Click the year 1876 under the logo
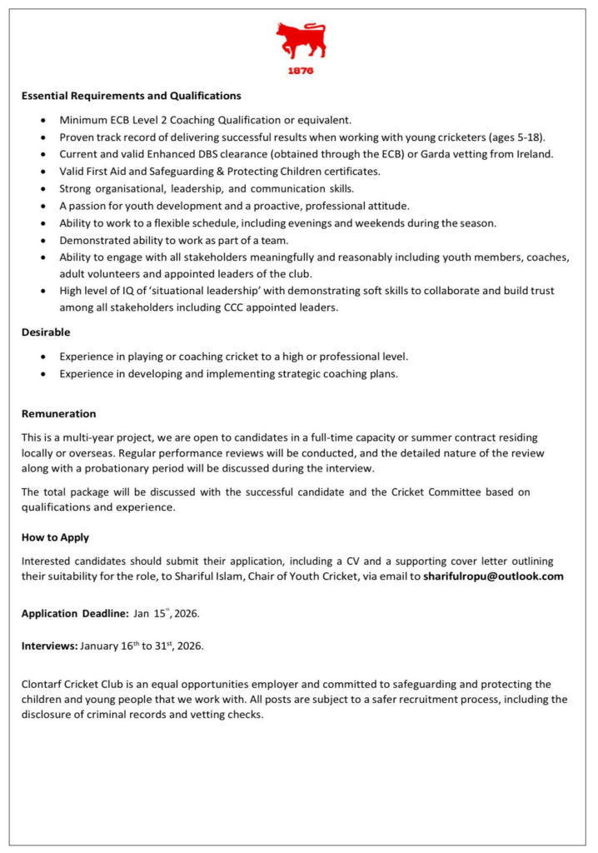pyautogui.click(x=300, y=72)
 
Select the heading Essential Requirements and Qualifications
pyautogui.click(x=131, y=96)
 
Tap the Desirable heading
pyautogui.click(x=46, y=332)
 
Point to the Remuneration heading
pyautogui.click(x=58, y=413)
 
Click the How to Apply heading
pyautogui.click(x=55, y=537)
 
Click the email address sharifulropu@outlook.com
pyautogui.click(x=493, y=576)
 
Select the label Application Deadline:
pyautogui.click(x=75, y=613)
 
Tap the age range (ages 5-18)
pyautogui.click(x=515, y=137)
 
